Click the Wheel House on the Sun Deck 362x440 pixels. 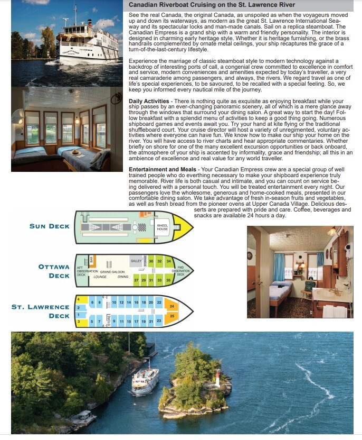(x=162, y=228)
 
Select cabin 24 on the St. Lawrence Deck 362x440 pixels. (x=172, y=305)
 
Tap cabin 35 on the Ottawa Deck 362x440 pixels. (x=168, y=280)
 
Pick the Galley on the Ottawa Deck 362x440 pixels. (x=136, y=261)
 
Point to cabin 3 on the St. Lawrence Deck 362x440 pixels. (x=79, y=321)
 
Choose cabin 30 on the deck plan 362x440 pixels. (x=151, y=261)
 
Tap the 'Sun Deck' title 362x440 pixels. (x=49, y=226)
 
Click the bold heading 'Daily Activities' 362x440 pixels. (x=149, y=100)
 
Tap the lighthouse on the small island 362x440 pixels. (x=217, y=380)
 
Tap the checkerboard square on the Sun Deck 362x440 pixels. (x=141, y=227)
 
